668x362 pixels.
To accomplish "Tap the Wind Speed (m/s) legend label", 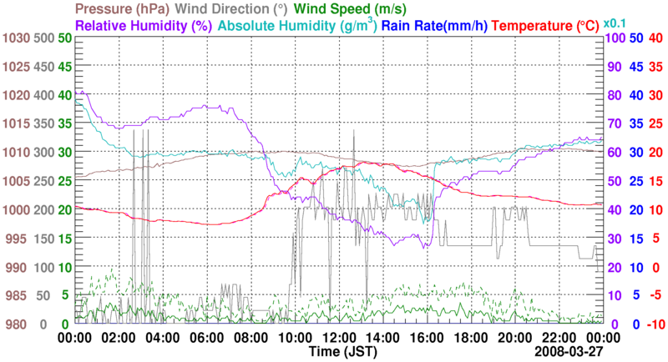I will tap(350, 9).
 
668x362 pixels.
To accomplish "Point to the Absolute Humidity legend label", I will tap(308, 25).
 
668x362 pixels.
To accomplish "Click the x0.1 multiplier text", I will tap(615, 23).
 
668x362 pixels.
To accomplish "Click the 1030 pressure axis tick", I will tap(15, 38).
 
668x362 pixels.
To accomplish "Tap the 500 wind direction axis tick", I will tap(43, 38).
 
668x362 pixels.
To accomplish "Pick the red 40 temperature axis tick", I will tap(655, 38).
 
